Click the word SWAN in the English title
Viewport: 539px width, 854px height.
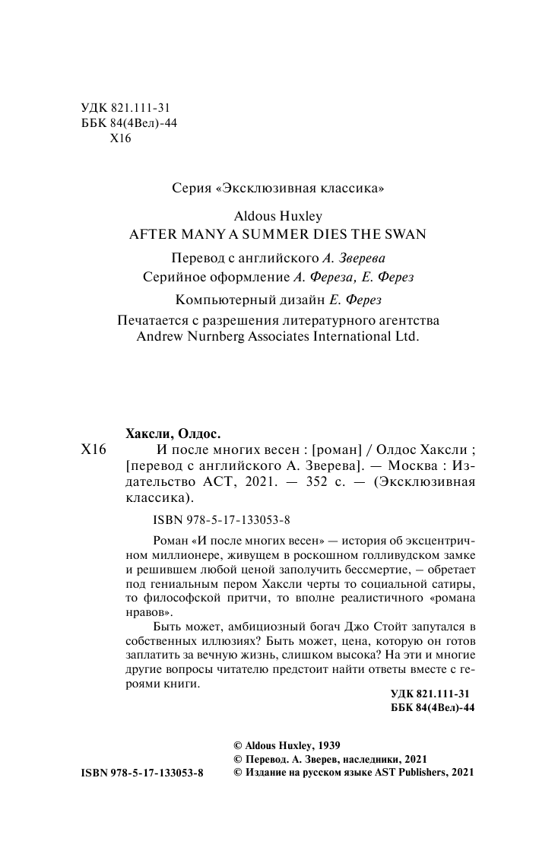tap(404, 234)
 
